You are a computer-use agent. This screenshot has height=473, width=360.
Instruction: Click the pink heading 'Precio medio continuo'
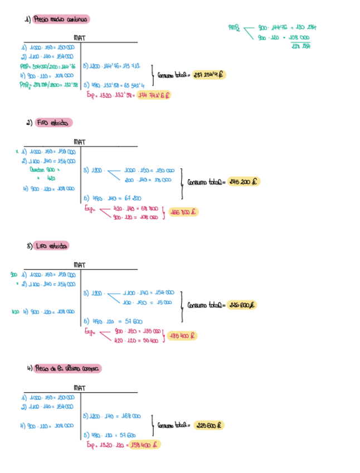[x=61, y=19]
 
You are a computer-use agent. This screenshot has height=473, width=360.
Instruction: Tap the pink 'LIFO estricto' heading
[x=51, y=246]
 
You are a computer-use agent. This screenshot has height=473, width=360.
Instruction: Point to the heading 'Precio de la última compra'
[x=67, y=369]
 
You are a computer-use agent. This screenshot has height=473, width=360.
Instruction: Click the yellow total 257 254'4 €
[x=210, y=75]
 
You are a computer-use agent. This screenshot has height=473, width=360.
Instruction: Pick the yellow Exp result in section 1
[x=154, y=95]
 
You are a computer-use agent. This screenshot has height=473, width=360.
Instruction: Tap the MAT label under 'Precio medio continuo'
[x=79, y=38]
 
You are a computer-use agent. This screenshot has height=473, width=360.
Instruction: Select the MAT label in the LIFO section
[x=79, y=265]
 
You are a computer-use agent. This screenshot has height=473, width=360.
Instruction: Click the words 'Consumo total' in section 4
[x=173, y=425]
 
